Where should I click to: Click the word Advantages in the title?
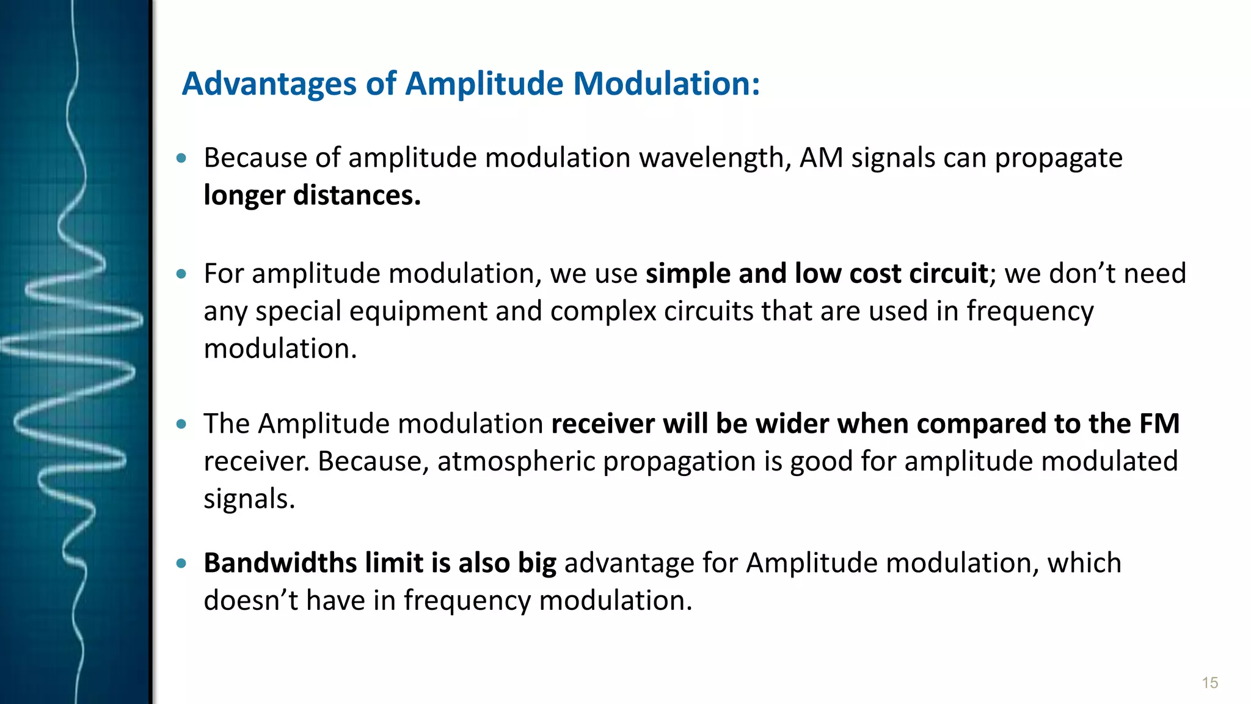[269, 84]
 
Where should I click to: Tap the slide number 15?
[1209, 683]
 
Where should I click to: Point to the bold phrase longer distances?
[312, 196]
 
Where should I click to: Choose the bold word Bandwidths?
[280, 563]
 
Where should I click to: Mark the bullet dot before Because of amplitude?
[181, 158]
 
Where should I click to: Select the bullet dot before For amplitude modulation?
[181, 274]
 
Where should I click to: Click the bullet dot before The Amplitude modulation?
[181, 424]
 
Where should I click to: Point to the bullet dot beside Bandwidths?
[181, 563]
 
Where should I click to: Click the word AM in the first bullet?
[822, 158]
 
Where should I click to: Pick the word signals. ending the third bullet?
[249, 499]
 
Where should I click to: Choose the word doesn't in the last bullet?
[251, 600]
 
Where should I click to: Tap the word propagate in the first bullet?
[1059, 158]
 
